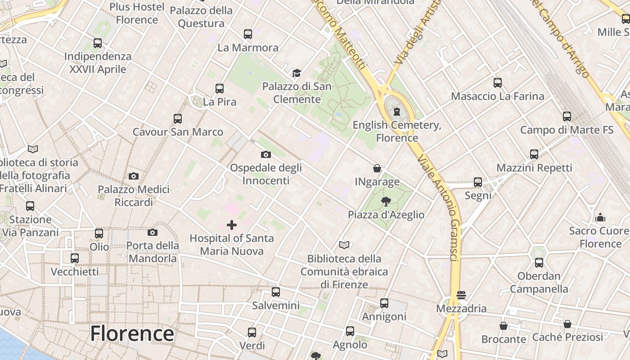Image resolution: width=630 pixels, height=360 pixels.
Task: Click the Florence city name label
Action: [x=132, y=334]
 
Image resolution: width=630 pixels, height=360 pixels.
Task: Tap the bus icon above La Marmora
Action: [x=248, y=34]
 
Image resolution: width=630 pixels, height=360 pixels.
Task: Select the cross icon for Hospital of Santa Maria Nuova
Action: [x=232, y=225]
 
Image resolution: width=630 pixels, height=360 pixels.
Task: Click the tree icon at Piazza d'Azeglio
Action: [x=386, y=201]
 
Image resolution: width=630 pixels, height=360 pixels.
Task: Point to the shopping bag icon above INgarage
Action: [x=377, y=168]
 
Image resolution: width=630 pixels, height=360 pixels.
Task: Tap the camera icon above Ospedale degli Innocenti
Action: [x=266, y=154]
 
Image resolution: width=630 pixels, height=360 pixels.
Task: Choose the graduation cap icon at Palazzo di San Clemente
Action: [x=297, y=73]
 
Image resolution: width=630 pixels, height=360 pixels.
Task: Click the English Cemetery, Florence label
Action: [x=397, y=131]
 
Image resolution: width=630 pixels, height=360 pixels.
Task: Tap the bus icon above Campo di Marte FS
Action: [x=567, y=117]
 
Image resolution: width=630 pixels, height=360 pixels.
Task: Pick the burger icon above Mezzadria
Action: [x=461, y=295]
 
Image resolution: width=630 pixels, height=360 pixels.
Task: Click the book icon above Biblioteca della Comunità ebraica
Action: [x=344, y=245]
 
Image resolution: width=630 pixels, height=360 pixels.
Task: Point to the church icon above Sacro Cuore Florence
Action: [x=600, y=218]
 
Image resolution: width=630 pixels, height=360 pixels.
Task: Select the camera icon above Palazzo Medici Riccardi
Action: [x=134, y=176]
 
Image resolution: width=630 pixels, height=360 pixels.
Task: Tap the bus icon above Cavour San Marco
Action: [x=178, y=119]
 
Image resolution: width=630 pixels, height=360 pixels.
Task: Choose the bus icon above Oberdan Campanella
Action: [x=539, y=263]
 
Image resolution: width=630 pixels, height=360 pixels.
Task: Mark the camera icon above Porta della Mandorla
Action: [x=153, y=232]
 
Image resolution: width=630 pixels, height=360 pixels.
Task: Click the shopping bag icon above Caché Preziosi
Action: [x=567, y=324]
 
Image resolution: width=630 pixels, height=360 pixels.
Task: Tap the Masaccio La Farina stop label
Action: [x=497, y=96]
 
